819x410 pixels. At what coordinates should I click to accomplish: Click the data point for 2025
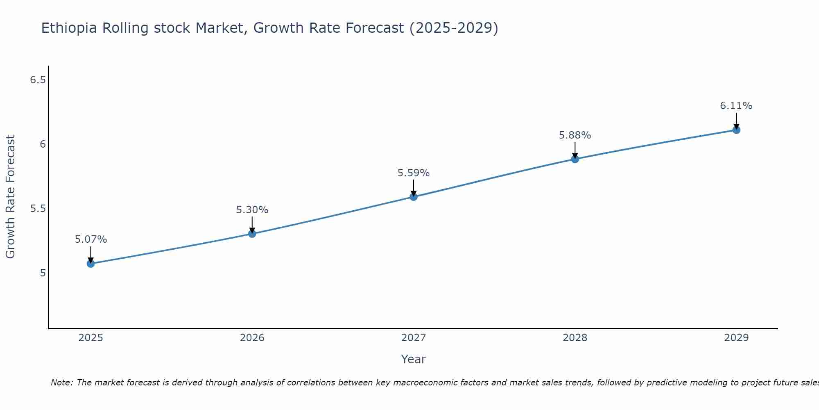tap(91, 264)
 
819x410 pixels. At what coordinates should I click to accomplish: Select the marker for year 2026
tap(252, 234)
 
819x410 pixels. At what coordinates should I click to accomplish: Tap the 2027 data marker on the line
tap(414, 197)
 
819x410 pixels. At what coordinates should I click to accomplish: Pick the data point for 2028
tap(575, 159)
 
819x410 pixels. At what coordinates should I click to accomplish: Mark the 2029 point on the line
tap(736, 130)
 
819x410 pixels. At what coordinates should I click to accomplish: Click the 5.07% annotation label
tap(91, 239)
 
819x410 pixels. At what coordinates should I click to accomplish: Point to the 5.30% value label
tap(252, 210)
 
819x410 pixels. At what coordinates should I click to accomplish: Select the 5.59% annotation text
tap(414, 173)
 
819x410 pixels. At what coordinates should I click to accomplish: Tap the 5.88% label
tap(575, 135)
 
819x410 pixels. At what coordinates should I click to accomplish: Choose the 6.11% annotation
tap(736, 106)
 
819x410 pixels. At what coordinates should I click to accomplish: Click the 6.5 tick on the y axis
tap(38, 80)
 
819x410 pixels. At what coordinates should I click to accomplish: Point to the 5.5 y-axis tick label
tap(38, 209)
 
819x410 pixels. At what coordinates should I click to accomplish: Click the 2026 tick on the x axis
tap(252, 338)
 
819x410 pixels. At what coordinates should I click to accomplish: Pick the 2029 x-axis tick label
tap(736, 338)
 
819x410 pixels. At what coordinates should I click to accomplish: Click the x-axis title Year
tap(414, 359)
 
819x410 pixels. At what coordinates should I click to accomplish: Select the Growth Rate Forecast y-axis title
tap(11, 197)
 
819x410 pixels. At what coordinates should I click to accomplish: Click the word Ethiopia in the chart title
tap(69, 28)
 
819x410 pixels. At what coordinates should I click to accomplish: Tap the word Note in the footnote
tap(61, 383)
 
